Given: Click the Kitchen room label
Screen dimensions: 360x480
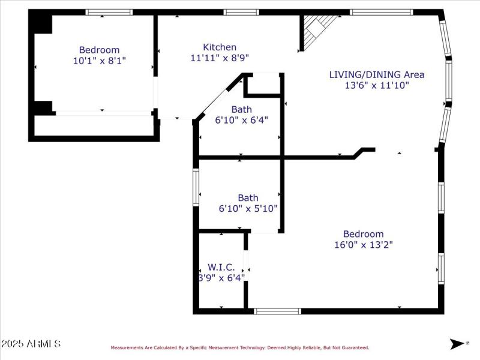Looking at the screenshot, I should point(220,47).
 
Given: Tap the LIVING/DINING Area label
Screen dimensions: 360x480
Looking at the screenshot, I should point(376,74).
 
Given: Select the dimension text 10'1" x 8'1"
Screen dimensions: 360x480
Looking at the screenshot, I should point(100,61).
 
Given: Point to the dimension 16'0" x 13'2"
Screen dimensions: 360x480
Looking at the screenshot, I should point(363,244).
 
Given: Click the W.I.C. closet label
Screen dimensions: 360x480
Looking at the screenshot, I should point(221,267).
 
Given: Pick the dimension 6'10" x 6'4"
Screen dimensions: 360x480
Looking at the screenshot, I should point(241,119).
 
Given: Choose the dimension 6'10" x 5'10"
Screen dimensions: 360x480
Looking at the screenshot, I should point(248,208).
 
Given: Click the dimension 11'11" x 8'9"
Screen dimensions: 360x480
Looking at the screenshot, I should point(220,58).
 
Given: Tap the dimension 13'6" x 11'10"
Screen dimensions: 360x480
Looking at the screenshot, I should point(376,85).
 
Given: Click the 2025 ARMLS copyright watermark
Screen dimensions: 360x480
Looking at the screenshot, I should point(31,344).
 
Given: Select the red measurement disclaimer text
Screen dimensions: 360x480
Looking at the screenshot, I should point(239,347).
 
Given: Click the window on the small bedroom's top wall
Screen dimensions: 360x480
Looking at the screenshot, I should point(109,12).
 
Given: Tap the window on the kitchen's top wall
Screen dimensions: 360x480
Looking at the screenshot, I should point(241,12).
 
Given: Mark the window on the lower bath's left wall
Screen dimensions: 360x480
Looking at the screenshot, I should point(196,188).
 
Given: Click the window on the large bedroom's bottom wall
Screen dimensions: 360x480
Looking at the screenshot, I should point(277,311).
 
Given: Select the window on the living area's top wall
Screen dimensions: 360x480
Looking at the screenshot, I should point(381,12).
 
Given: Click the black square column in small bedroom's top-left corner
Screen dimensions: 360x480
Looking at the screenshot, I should point(42,23).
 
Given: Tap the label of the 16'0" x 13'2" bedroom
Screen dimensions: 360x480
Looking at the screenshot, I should point(363,234).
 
